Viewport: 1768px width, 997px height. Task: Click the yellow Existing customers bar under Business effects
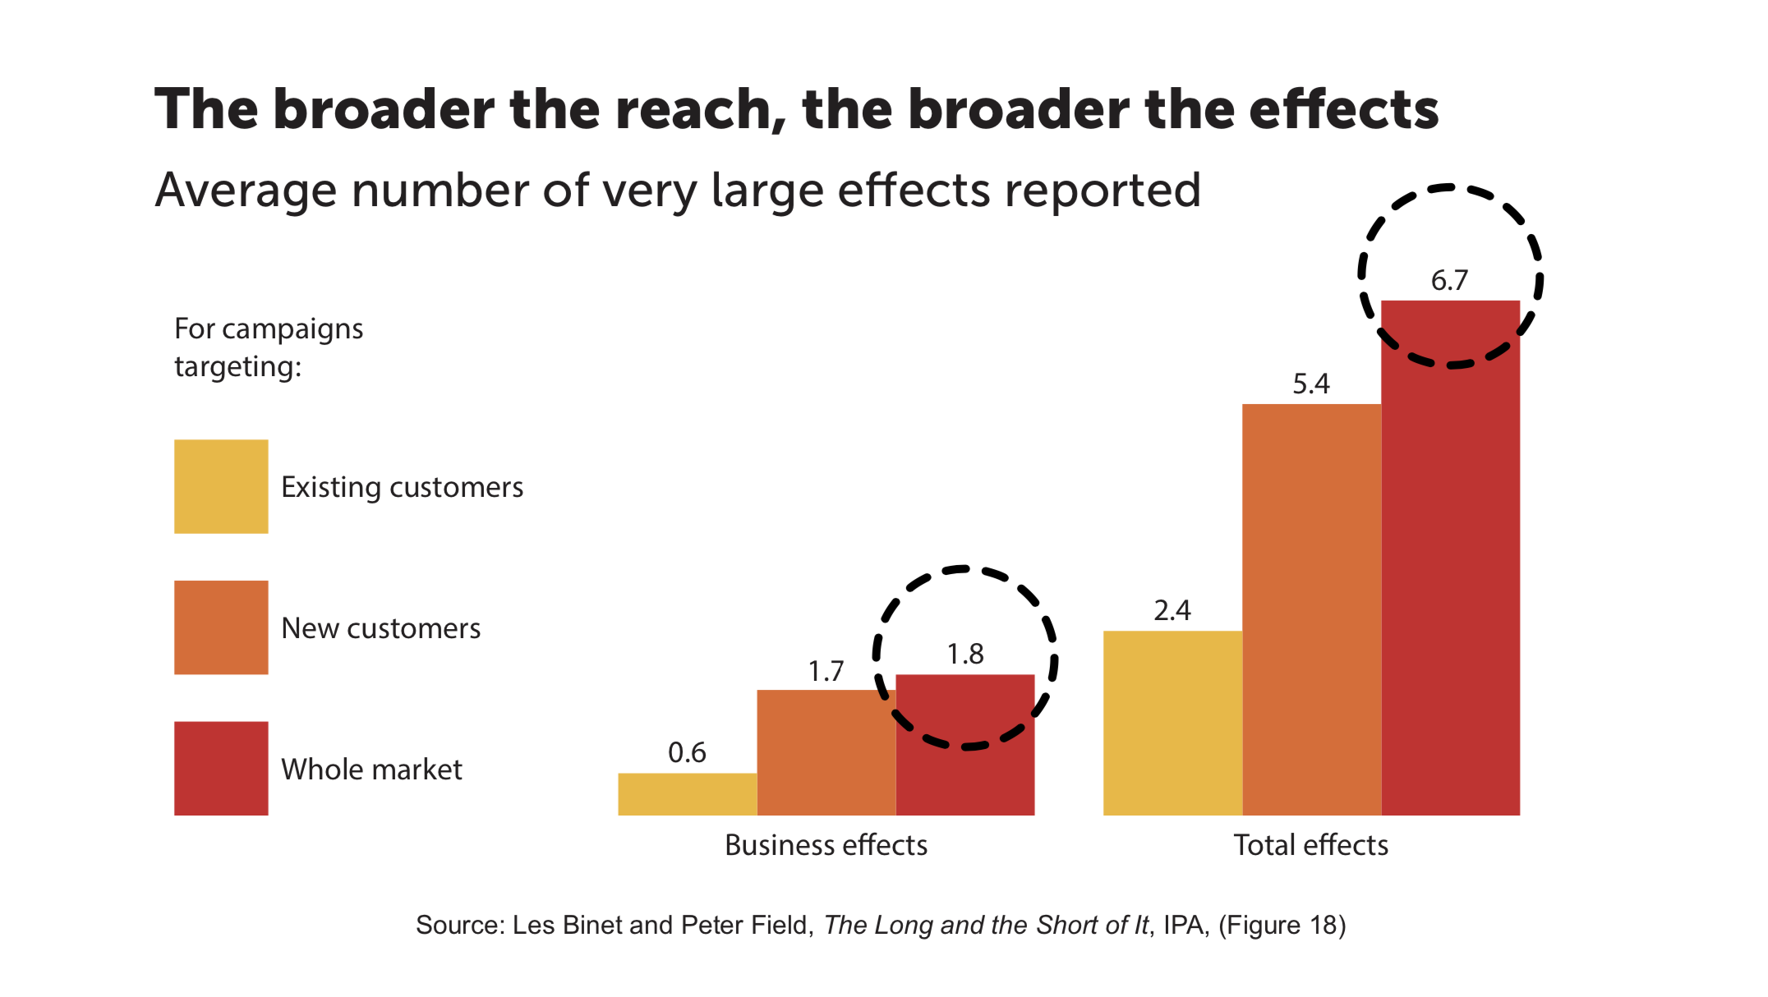687,793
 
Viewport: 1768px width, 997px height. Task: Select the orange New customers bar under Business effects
826,752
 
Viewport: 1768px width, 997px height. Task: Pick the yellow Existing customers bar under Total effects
1172,723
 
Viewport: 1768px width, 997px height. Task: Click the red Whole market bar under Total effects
1450,575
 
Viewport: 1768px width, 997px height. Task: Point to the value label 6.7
1449,281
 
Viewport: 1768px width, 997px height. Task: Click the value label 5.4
1310,384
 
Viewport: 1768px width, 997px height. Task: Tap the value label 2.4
1172,611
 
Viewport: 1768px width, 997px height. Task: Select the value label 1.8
965,655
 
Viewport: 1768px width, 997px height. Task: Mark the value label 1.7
826,672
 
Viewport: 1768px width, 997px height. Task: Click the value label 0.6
687,753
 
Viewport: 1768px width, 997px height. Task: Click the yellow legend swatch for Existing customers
221,486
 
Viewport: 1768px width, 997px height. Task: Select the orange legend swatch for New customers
221,627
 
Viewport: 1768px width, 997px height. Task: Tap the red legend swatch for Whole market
221,768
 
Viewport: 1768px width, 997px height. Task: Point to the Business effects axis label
826,845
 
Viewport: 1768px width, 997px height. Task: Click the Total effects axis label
1310,845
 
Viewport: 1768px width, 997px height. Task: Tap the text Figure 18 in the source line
1281,926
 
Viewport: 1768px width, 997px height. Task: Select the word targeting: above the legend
238,367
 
